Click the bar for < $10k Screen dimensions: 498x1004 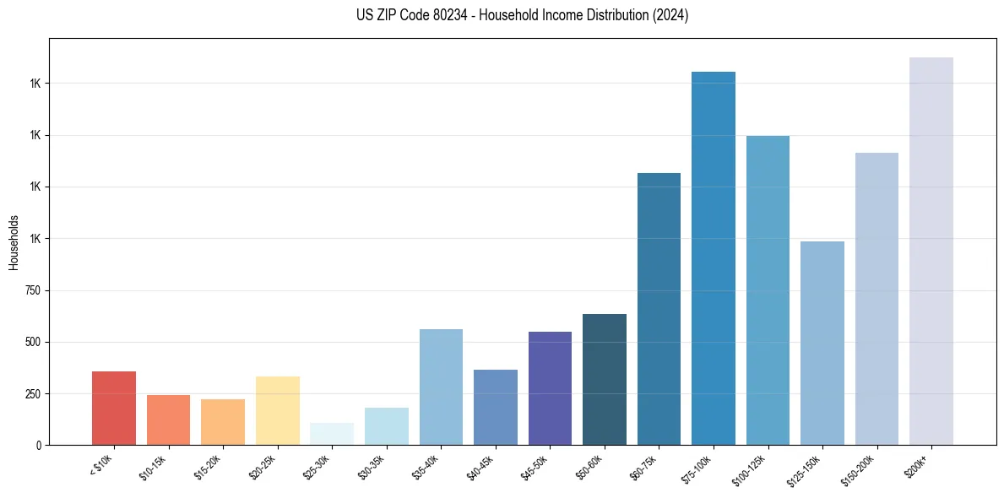(x=114, y=408)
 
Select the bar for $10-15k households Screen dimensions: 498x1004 (x=168, y=420)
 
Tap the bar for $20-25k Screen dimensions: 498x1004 (x=277, y=410)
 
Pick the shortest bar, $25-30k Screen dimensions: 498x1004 (x=332, y=434)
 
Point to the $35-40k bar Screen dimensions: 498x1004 (x=441, y=387)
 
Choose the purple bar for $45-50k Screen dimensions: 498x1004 (x=550, y=388)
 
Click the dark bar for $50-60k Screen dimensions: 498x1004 (x=605, y=379)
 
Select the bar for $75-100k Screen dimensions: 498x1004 (x=714, y=258)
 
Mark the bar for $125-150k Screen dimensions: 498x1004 (x=822, y=343)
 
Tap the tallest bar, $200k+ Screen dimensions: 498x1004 (x=931, y=251)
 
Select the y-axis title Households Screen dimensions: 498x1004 (x=14, y=242)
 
